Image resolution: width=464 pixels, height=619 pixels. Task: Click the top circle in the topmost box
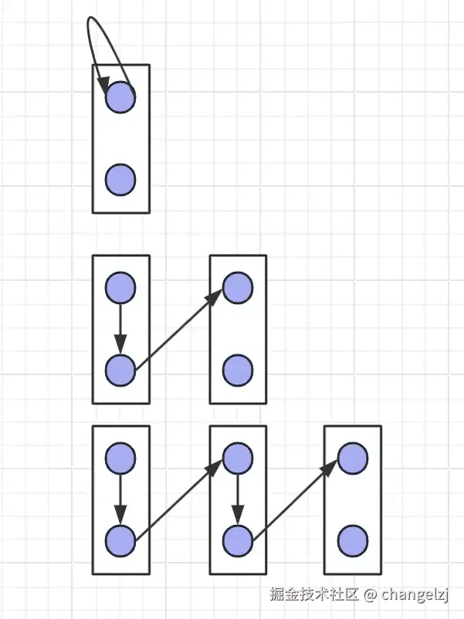120,96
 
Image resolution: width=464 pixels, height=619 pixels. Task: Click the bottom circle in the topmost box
120,179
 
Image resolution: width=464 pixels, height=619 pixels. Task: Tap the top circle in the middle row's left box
120,287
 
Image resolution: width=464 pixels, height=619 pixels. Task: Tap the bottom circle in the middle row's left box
120,370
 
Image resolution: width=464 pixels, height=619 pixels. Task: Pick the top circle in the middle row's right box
238,287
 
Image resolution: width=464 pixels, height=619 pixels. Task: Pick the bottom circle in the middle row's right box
238,370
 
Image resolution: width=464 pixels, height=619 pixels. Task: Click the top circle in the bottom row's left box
120,458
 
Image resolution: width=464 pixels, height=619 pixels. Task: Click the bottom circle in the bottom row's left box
120,540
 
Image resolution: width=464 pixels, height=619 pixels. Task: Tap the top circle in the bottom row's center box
238,458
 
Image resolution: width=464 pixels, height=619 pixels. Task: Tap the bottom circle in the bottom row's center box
238,540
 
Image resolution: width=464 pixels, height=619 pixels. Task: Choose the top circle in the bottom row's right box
352,458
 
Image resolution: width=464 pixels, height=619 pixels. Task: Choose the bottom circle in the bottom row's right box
352,540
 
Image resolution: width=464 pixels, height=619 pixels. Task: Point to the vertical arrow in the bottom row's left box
120,498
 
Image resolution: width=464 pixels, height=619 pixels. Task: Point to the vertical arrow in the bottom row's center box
238,498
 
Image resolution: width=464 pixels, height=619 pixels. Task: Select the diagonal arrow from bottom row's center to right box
295,499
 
